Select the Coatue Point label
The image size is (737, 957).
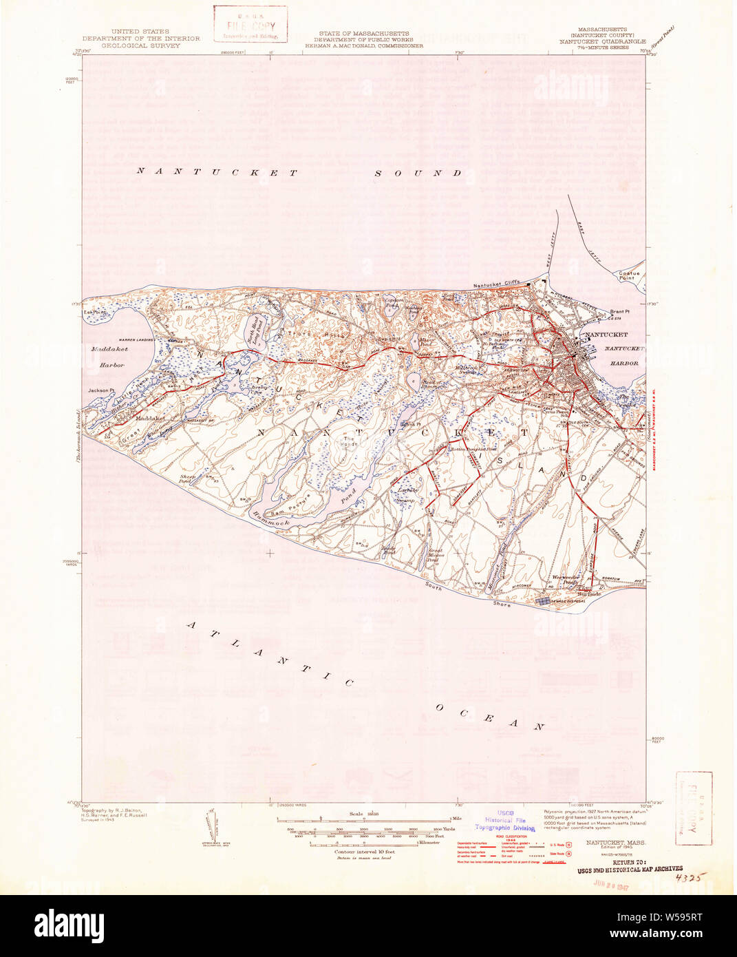pyautogui.click(x=628, y=275)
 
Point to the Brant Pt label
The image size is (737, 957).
pyautogui.click(x=619, y=312)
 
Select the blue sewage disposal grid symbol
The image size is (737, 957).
pyautogui.click(x=544, y=602)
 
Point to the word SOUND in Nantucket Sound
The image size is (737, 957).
pyautogui.click(x=418, y=173)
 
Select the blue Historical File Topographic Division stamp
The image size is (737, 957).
pyautogui.click(x=504, y=821)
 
